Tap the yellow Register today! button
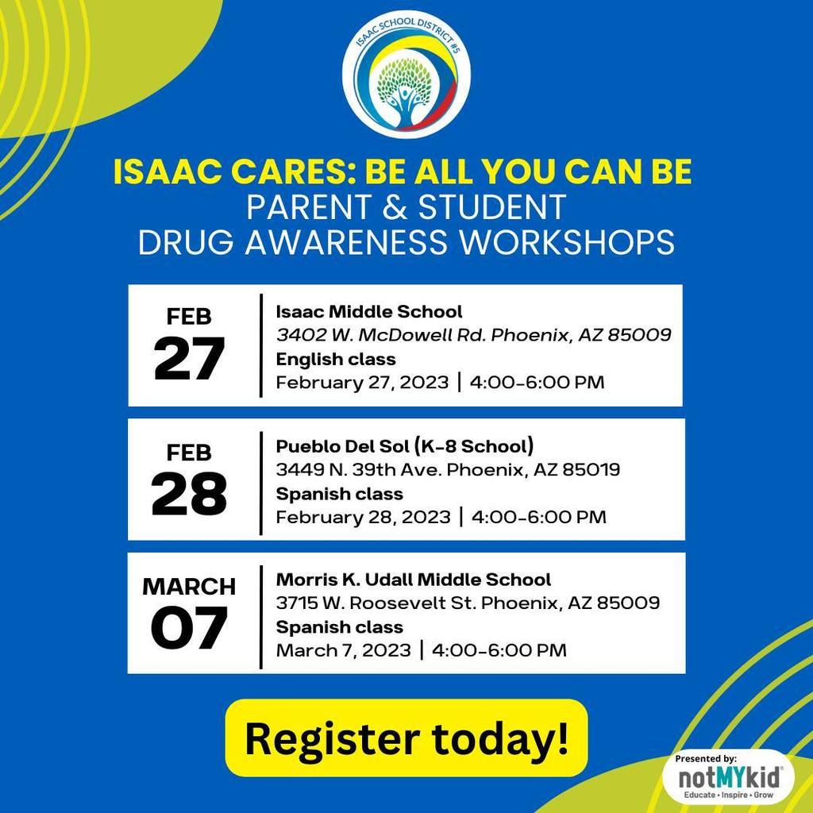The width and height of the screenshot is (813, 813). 406,738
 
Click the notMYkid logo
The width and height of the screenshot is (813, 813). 729,777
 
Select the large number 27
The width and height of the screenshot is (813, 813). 189,359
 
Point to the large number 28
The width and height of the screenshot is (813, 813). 189,494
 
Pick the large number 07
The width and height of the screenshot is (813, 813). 189,628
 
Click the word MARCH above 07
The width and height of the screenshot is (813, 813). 189,587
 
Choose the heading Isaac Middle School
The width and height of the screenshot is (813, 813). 368,311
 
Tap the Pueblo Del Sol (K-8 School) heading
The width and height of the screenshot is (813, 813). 405,446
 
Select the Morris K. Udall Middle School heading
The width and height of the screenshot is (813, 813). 413,579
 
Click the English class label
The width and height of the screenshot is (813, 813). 336,359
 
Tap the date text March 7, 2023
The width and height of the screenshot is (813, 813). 343,650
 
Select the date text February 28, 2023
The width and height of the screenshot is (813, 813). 363,517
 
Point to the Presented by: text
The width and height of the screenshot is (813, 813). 706,758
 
